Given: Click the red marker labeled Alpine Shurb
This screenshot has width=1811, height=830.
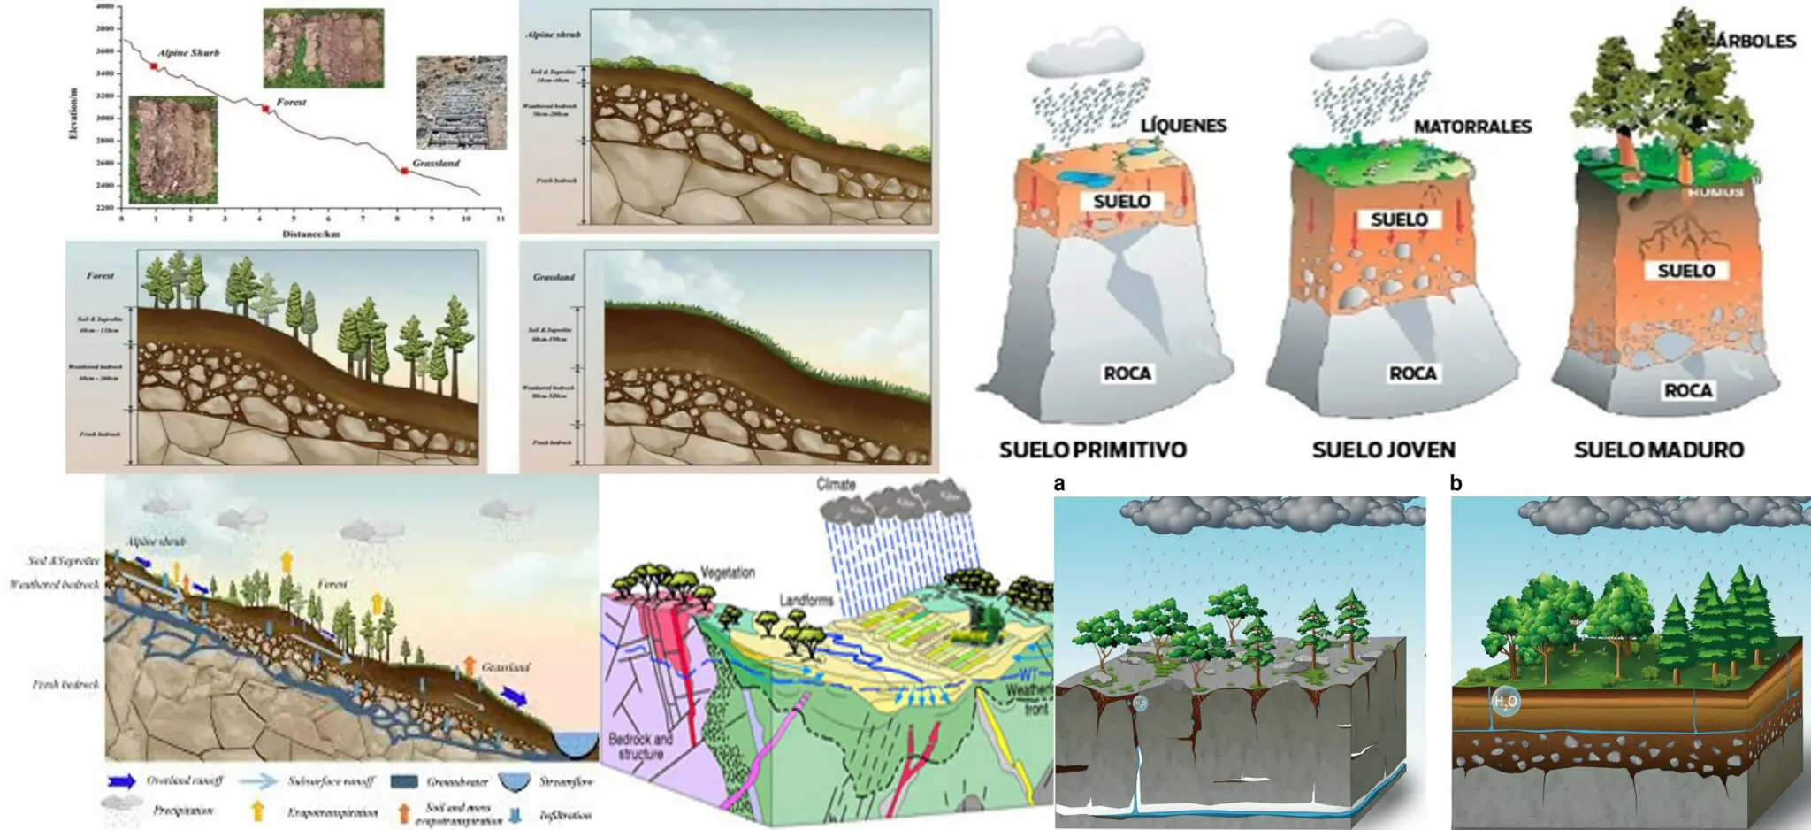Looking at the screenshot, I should (155, 66).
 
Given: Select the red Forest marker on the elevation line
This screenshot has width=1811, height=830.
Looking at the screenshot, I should (265, 109).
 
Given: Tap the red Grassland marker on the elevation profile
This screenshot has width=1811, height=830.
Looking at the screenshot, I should (404, 170).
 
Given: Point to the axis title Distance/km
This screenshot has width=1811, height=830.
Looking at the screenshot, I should (310, 234).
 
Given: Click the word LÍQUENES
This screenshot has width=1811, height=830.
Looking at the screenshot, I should (1183, 126).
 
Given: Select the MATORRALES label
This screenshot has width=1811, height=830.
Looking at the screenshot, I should (1472, 127).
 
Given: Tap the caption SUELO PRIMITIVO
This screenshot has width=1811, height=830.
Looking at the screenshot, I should (1092, 450).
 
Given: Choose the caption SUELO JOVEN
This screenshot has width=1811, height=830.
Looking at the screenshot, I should (1383, 450).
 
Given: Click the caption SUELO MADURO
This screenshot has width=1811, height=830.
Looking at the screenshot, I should (1659, 450).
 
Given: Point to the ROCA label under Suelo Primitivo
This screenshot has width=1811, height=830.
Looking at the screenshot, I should (1127, 373).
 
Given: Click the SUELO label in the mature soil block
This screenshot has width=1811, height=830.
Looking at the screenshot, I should (1686, 271).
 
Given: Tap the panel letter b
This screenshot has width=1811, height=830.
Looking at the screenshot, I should (1456, 483).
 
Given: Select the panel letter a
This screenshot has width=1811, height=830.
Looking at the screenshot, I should (1059, 483).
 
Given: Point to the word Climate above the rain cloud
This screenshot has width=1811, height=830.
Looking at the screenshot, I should (836, 484).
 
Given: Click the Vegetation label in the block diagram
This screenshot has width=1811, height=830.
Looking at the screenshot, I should (728, 573).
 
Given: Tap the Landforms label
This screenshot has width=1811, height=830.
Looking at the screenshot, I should (806, 600).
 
